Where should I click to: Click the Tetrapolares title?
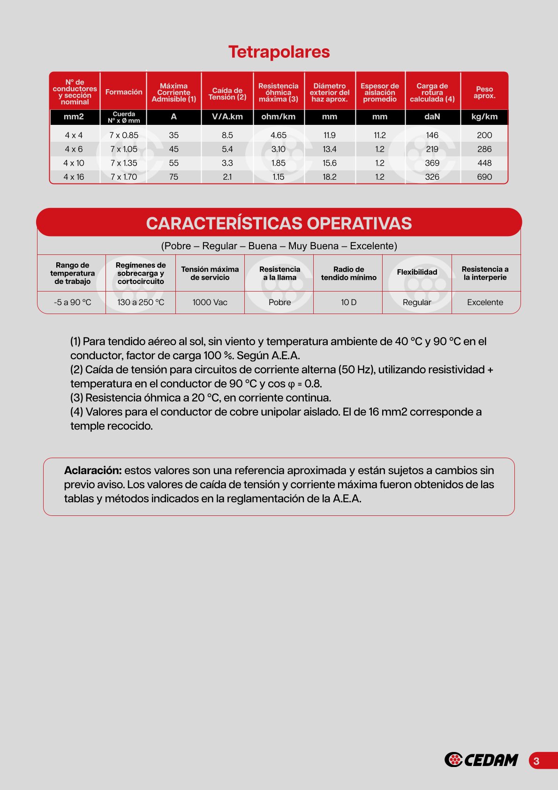279,52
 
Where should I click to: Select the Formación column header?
124,92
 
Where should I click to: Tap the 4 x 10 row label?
74,163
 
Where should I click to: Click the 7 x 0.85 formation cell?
124,135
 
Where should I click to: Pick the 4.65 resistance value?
279,135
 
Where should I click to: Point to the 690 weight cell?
484,177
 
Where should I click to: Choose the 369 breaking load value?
432,163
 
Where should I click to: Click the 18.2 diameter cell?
330,177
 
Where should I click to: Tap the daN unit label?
432,117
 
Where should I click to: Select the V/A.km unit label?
227,117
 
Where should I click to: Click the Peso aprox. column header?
484,92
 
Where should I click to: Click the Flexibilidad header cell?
417,272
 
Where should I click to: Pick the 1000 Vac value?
210,302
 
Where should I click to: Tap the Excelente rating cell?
485,302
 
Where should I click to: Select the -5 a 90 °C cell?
73,302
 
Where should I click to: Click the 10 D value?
348,302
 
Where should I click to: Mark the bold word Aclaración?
93,470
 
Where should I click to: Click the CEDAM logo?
482,759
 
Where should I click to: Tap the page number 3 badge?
537,761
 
